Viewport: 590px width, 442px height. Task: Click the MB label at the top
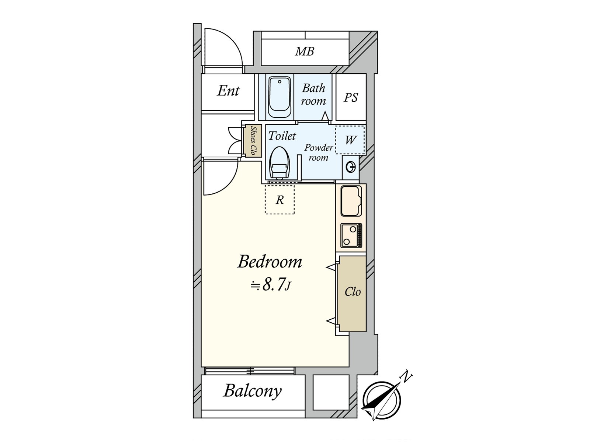point(305,51)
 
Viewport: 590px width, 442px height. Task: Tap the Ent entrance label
point(228,91)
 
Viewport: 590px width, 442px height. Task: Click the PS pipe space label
point(351,97)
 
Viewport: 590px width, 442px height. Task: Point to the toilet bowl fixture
point(279,163)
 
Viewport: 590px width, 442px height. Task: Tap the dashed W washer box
point(350,140)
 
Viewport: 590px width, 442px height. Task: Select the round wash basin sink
point(350,168)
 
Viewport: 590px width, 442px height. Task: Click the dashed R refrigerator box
point(280,200)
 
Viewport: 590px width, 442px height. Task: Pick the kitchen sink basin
point(351,201)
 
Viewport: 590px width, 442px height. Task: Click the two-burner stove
point(351,235)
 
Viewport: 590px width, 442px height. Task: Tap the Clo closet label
point(353,292)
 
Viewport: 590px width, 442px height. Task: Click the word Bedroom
point(270,262)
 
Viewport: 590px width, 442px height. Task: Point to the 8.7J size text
point(271,285)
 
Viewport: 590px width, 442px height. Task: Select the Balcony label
point(253,391)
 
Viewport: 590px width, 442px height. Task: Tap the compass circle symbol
point(381,401)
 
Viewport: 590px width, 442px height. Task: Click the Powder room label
point(318,152)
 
